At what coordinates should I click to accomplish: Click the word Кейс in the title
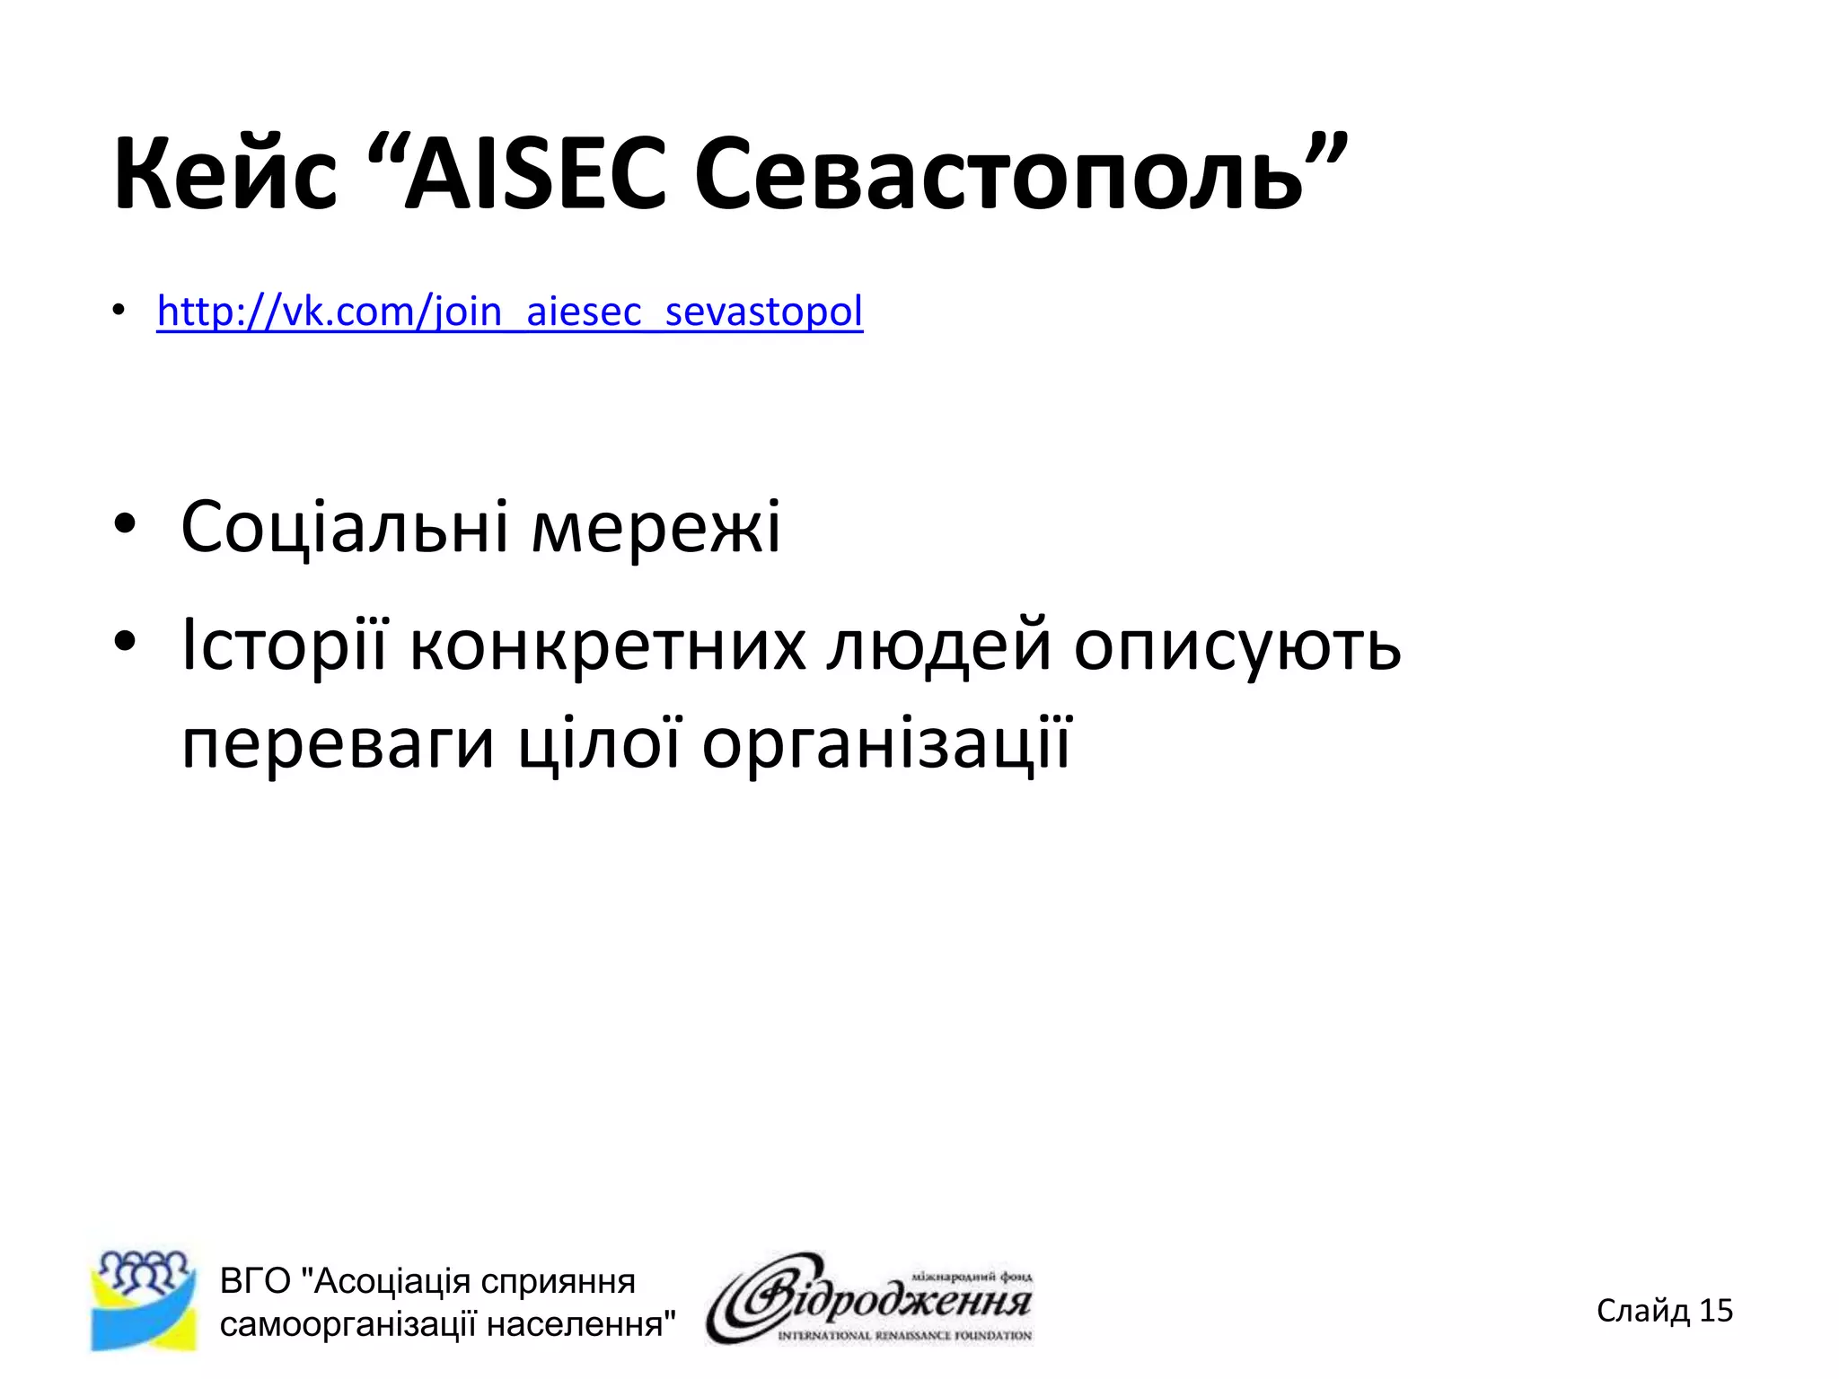pyautogui.click(x=224, y=175)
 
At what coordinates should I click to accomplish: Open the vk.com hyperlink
pyautogui.click(x=509, y=312)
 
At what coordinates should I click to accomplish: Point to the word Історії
pyautogui.click(x=284, y=645)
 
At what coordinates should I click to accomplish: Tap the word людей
pyautogui.click(x=938, y=645)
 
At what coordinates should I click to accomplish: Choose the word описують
pyautogui.click(x=1236, y=645)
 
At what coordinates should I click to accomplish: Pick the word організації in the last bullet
pyautogui.click(x=886, y=743)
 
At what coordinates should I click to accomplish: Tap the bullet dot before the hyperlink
pyautogui.click(x=119, y=311)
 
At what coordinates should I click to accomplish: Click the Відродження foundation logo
pyautogui.click(x=869, y=1298)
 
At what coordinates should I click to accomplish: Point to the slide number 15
pyautogui.click(x=1715, y=1311)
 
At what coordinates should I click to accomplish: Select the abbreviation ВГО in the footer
pyautogui.click(x=255, y=1281)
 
